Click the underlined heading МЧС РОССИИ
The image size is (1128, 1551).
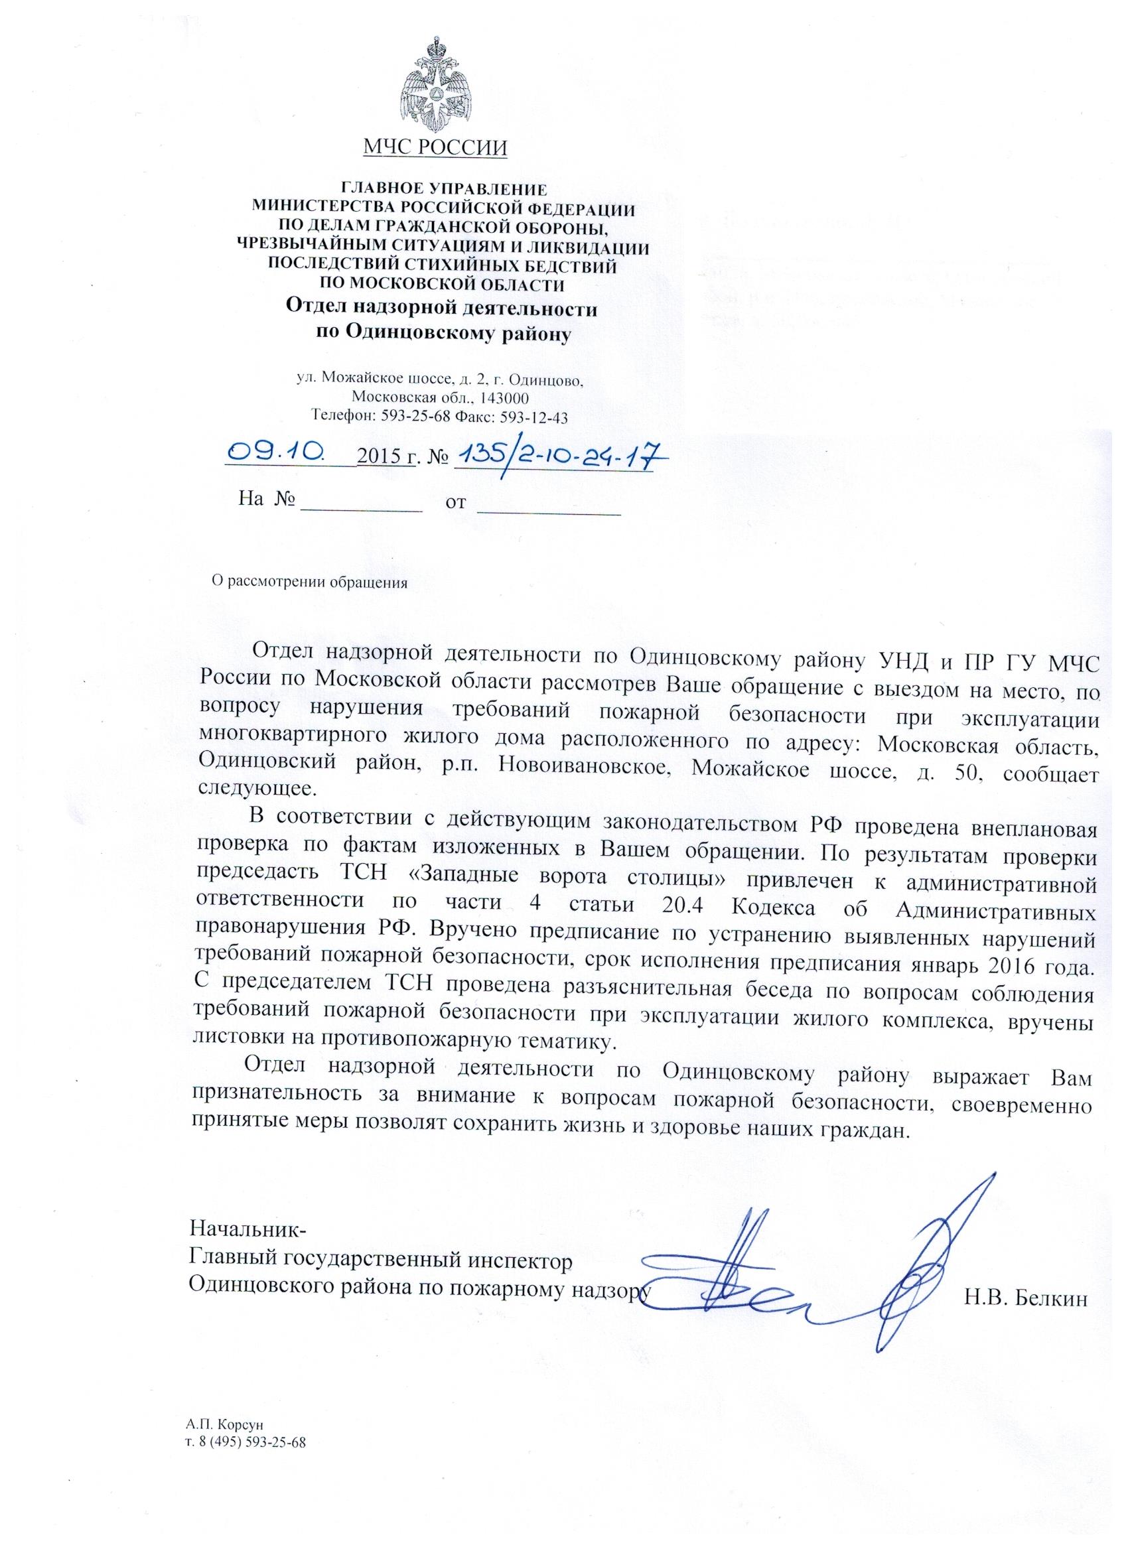pos(436,147)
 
